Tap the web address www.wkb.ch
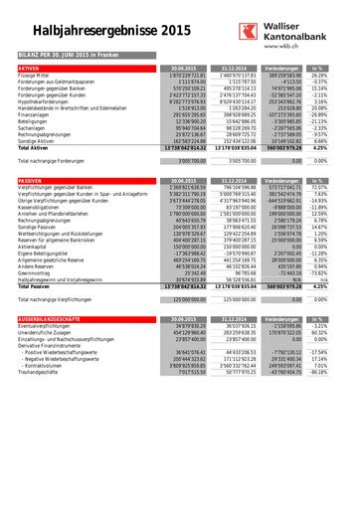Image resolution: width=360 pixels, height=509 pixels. (x=292, y=47)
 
